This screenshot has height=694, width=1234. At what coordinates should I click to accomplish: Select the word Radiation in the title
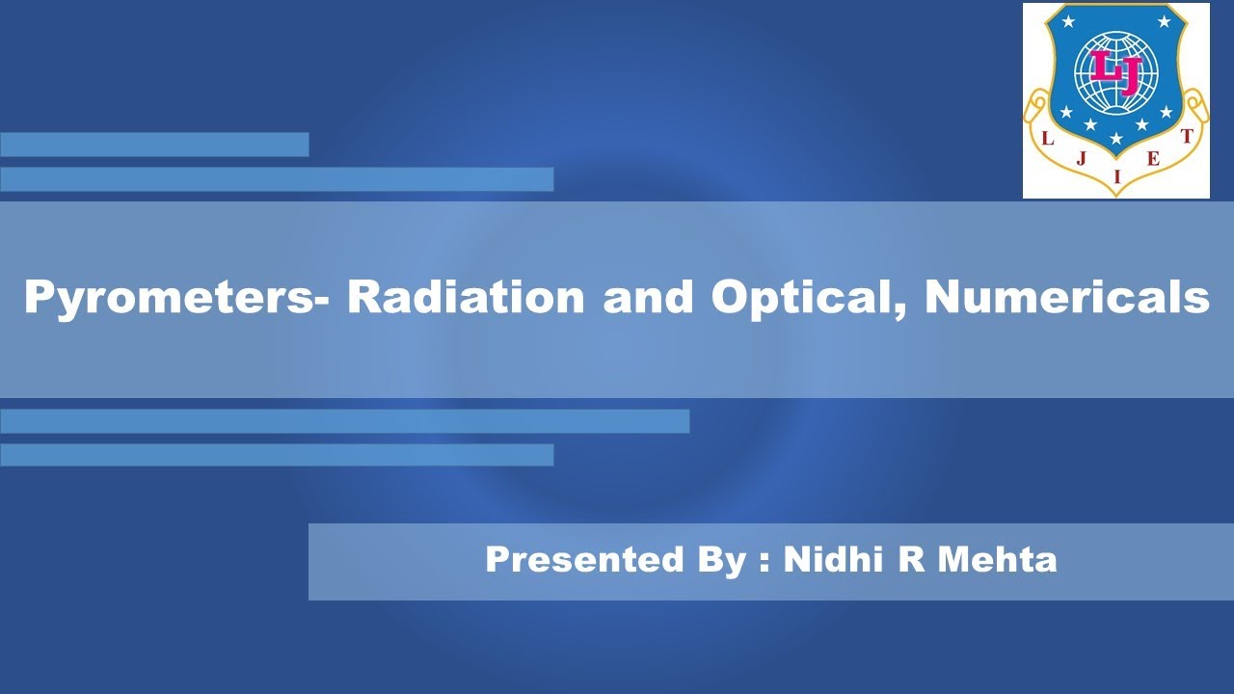[x=466, y=298]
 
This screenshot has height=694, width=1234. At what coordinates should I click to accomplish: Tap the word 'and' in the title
[x=648, y=298]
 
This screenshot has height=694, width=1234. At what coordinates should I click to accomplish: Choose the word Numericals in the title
[x=1067, y=298]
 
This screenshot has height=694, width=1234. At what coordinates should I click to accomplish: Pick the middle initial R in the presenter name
[x=912, y=560]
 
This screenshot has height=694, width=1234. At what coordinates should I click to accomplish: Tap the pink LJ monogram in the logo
[x=1115, y=70]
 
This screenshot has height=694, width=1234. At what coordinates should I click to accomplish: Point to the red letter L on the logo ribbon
[x=1048, y=139]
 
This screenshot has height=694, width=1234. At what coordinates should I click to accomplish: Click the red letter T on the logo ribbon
[x=1187, y=137]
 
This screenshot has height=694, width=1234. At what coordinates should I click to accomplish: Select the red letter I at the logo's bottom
[x=1116, y=176]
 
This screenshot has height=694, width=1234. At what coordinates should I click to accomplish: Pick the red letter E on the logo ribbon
[x=1153, y=160]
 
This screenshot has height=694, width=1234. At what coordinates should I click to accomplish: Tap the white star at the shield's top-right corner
[x=1165, y=21]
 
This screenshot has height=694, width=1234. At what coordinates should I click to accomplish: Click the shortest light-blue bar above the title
[x=154, y=145]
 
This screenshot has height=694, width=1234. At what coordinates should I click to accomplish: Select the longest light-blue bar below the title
[x=344, y=421]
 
